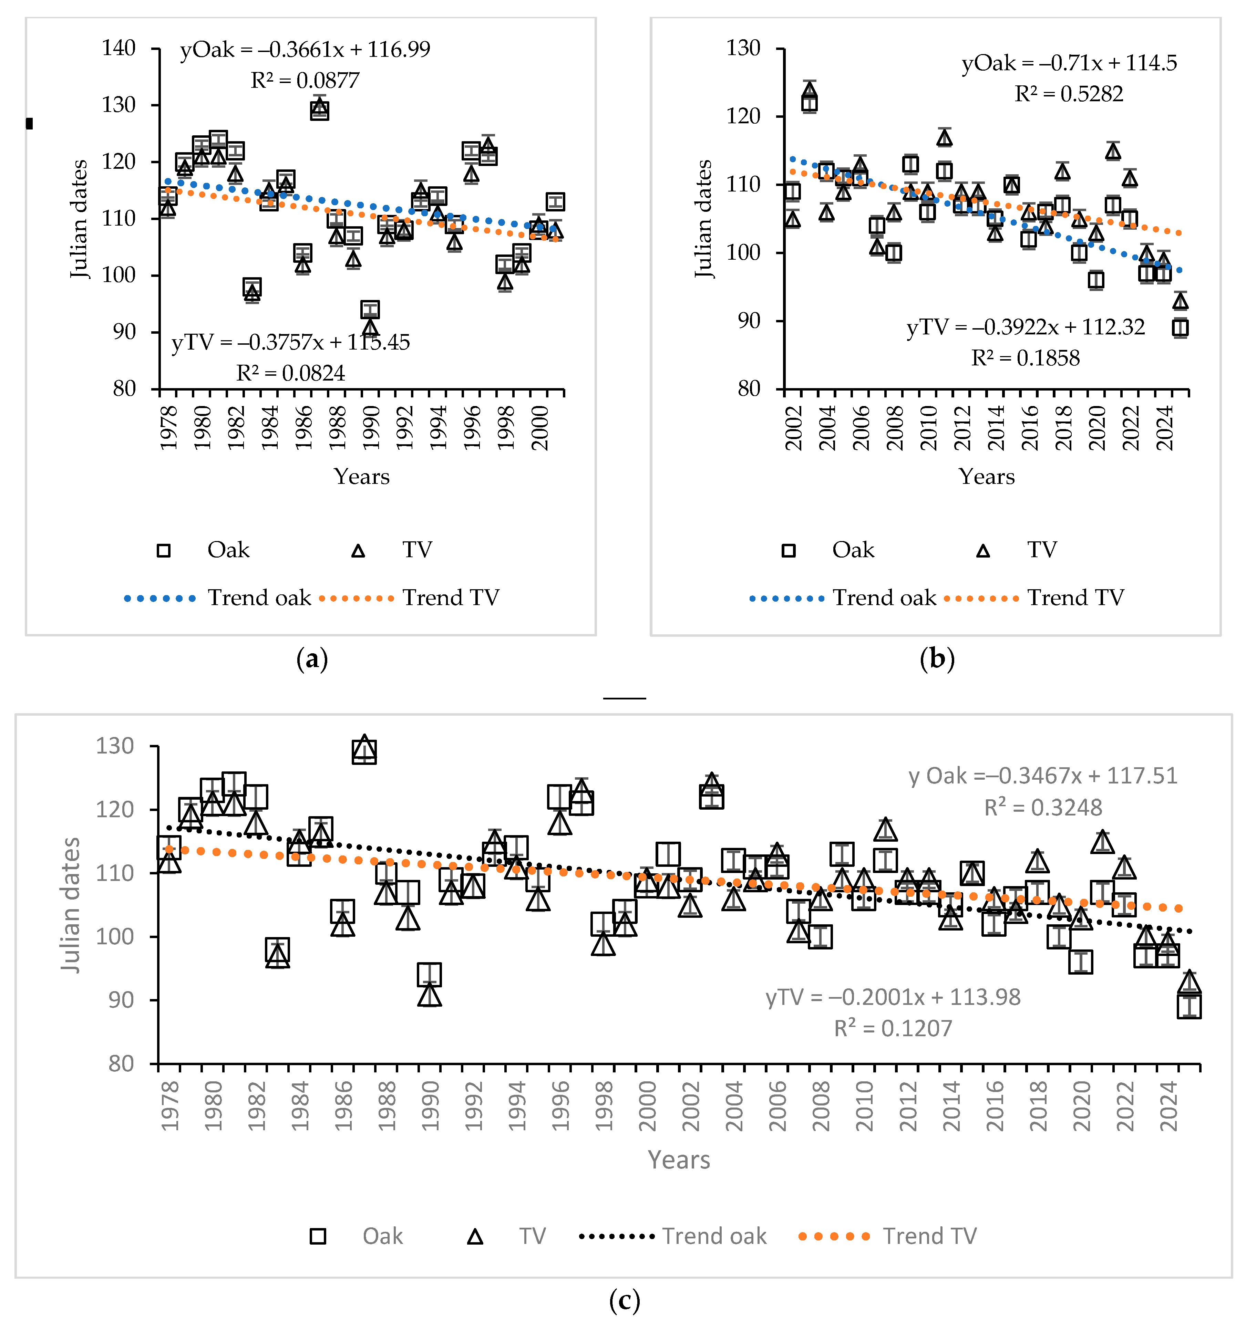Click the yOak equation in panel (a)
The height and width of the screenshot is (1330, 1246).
[305, 50]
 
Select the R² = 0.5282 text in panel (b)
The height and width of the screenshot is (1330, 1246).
[1069, 94]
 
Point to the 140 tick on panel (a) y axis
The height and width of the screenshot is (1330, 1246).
[119, 48]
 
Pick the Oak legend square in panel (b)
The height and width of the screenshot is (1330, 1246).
[789, 551]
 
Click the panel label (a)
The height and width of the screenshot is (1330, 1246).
[312, 659]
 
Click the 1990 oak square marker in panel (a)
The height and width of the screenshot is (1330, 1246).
[370, 309]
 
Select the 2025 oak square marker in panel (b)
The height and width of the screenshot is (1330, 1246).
[1181, 328]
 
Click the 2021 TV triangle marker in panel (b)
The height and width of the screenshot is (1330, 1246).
[1113, 151]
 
